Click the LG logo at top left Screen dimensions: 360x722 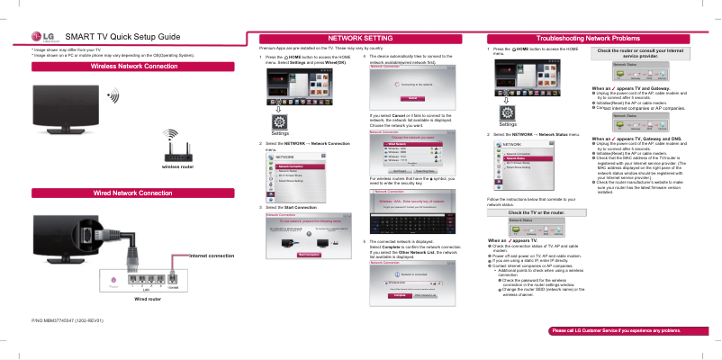point(42,35)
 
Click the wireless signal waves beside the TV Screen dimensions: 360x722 point(113,95)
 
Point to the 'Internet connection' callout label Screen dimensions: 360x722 point(209,256)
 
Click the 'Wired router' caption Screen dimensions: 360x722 point(147,298)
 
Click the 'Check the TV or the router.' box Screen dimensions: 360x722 point(537,212)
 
